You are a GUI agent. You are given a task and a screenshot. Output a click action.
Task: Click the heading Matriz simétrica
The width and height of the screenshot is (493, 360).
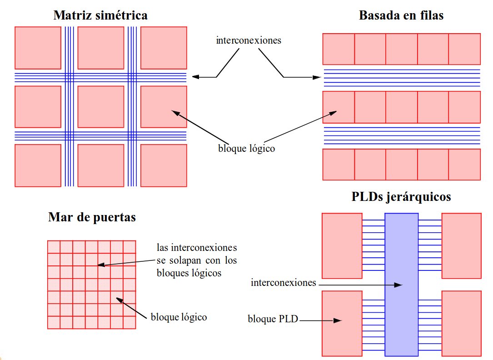pyautogui.click(x=100, y=15)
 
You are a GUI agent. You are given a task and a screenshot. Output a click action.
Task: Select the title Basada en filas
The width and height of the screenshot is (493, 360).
pyautogui.click(x=401, y=15)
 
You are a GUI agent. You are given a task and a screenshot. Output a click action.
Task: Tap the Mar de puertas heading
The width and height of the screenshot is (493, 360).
pyautogui.click(x=92, y=217)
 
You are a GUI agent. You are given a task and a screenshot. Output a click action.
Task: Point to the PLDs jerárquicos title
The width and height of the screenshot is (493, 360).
pyautogui.click(x=401, y=197)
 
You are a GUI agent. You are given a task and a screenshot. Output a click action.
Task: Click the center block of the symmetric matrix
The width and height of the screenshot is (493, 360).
pyautogui.click(x=101, y=107)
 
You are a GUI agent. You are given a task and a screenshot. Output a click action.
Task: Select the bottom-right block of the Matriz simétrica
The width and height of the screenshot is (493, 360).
pyautogui.click(x=164, y=165)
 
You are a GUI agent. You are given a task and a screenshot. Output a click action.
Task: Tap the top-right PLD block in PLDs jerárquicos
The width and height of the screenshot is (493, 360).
pyautogui.click(x=461, y=245)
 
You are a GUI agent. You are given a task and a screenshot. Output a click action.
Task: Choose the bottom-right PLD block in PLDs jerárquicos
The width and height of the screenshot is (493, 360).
pyautogui.click(x=461, y=323)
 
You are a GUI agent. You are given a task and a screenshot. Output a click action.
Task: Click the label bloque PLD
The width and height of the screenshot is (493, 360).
pyautogui.click(x=273, y=319)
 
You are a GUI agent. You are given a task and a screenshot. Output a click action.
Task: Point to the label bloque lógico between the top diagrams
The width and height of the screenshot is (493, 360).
pyautogui.click(x=246, y=149)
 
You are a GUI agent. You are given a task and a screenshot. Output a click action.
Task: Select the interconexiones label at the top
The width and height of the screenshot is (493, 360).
pyautogui.click(x=249, y=40)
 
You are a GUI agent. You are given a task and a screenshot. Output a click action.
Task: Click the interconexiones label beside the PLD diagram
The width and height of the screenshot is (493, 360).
pyautogui.click(x=283, y=283)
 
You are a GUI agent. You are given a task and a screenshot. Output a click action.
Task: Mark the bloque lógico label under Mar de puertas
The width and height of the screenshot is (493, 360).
pyautogui.click(x=179, y=317)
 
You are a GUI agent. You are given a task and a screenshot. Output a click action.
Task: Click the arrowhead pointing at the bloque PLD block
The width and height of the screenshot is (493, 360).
pyautogui.click(x=338, y=320)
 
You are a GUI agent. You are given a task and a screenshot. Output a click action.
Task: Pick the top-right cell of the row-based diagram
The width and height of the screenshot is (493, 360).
pyautogui.click(x=464, y=49)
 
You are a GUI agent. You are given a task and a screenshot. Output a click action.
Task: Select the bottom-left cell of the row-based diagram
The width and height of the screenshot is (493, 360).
pyautogui.click(x=338, y=165)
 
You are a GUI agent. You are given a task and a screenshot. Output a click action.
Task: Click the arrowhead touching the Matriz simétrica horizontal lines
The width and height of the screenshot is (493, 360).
pyautogui.click(x=194, y=77)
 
